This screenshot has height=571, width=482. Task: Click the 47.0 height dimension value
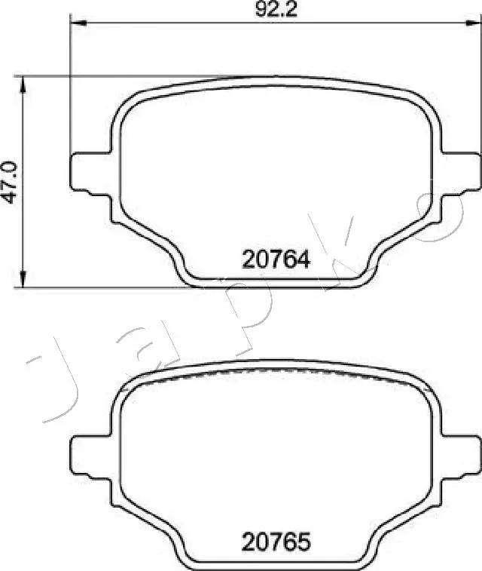(10, 182)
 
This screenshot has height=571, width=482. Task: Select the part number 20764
(276, 260)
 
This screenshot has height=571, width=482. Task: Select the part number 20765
(276, 542)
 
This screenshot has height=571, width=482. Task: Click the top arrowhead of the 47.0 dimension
(26, 82)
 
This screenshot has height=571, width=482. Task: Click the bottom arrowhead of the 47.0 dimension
(26, 281)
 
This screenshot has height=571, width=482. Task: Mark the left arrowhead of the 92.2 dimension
(76, 23)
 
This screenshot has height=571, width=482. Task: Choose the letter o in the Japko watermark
(444, 219)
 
